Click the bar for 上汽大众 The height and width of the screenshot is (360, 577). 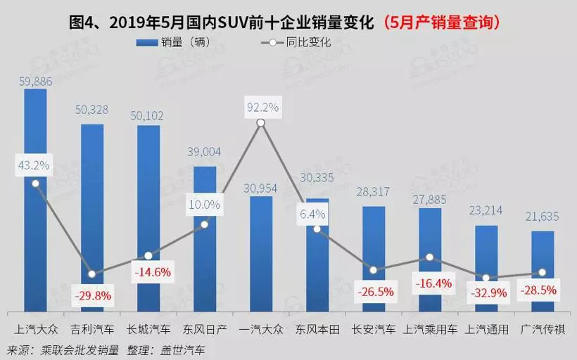pyautogui.click(x=35, y=239)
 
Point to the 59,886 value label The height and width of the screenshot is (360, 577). pyautogui.click(x=35, y=82)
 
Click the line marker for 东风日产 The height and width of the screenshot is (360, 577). pyautogui.click(x=205, y=224)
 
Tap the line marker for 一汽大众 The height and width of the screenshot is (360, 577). pyautogui.click(x=261, y=123)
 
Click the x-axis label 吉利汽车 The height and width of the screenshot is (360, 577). pyautogui.click(x=92, y=328)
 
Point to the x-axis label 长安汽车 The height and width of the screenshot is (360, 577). pyautogui.click(x=374, y=328)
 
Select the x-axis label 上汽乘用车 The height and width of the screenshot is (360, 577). pyautogui.click(x=430, y=328)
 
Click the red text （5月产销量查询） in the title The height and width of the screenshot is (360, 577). pyautogui.click(x=441, y=22)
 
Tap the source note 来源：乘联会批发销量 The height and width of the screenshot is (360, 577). pyautogui.click(x=63, y=348)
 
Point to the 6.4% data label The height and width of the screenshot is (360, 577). pyautogui.click(x=317, y=214)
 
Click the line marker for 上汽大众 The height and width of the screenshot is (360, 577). pyautogui.click(x=35, y=184)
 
